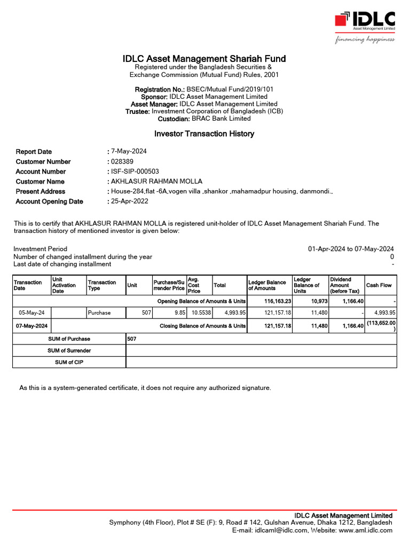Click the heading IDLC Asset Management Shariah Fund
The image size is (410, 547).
[x=204, y=59]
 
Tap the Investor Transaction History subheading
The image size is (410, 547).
[x=204, y=134]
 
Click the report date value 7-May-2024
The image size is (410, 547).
[x=128, y=152]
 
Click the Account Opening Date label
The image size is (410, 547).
[x=49, y=201]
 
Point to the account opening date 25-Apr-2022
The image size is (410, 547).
[x=130, y=201]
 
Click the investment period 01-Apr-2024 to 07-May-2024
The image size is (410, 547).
[x=351, y=249]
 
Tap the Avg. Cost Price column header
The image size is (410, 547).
[x=194, y=285]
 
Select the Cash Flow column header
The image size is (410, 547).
[x=379, y=285]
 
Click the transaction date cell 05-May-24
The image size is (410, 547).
[x=31, y=312]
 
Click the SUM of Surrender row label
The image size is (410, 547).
[x=69, y=350]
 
